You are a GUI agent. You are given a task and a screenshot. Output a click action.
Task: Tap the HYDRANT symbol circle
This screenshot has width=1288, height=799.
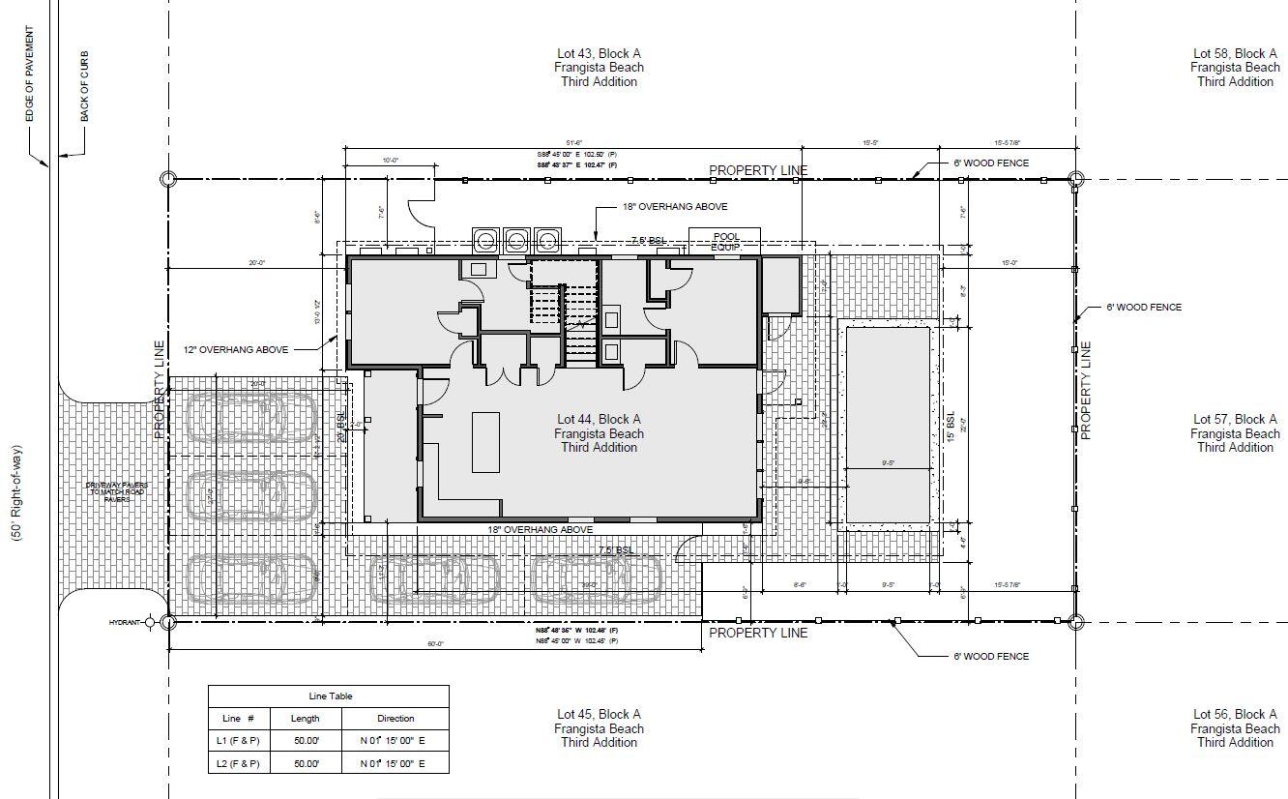coord(150,623)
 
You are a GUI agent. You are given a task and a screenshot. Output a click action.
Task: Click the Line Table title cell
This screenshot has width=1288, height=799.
coord(329,695)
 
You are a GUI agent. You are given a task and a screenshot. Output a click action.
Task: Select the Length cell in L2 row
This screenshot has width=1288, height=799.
coord(305,763)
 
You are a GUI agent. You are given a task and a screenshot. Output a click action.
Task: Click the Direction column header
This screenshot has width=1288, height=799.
coord(395,719)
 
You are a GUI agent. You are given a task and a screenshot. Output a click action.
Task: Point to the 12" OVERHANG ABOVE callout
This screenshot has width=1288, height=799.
coord(236,350)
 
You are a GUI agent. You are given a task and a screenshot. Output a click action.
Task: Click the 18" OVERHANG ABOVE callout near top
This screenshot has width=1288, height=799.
coord(675,207)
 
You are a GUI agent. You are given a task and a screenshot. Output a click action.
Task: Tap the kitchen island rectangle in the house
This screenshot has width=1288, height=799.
coord(485,442)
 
